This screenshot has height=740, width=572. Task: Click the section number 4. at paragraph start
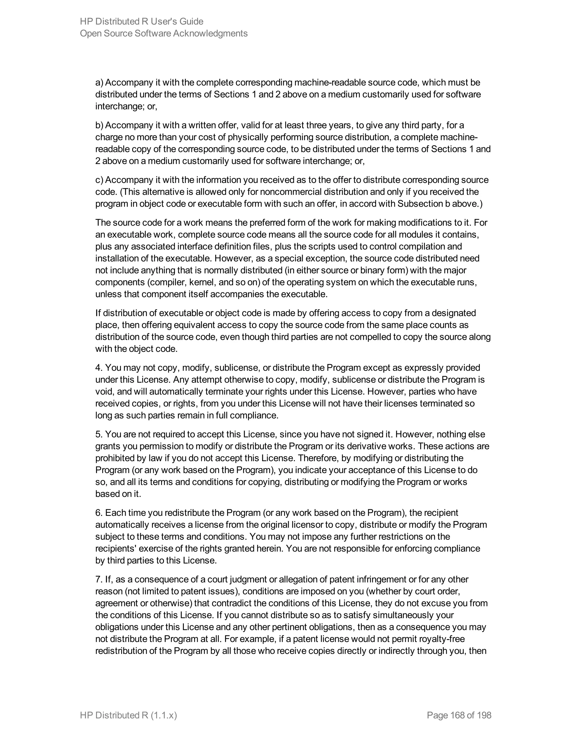tap(99, 368)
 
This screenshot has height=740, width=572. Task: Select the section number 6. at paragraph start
tap(99, 513)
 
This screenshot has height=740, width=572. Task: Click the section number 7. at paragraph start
tap(99, 579)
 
